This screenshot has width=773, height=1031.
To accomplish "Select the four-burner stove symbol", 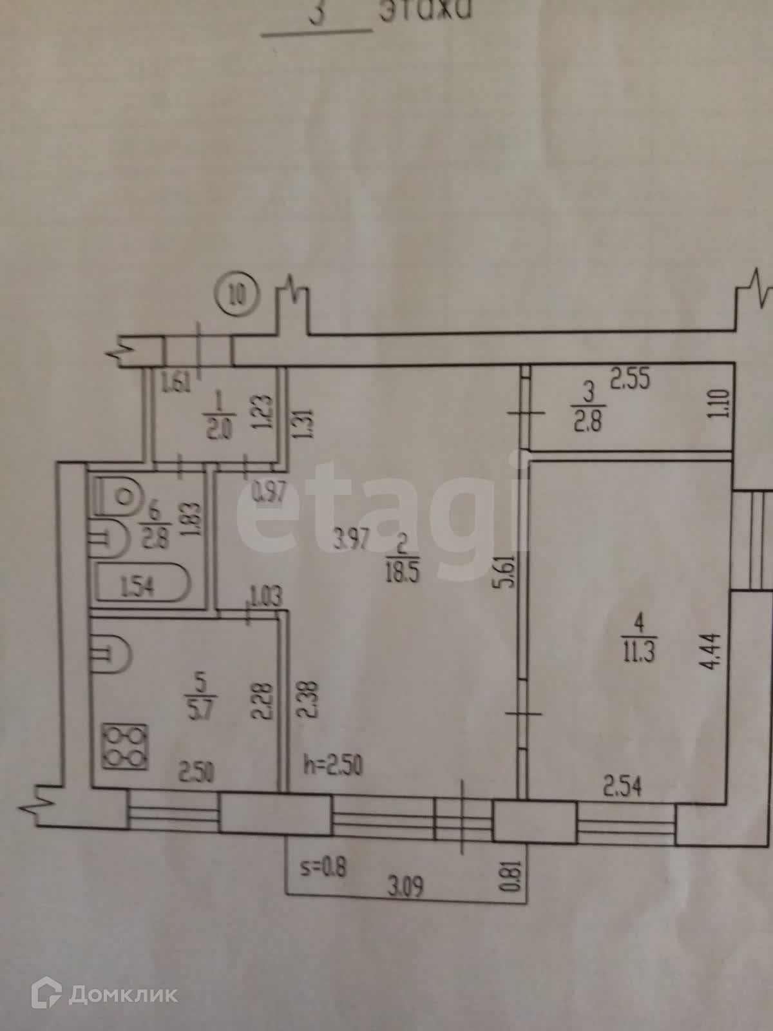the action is (125, 747).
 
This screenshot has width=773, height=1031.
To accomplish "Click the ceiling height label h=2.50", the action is (332, 766).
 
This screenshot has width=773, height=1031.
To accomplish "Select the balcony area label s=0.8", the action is (323, 867).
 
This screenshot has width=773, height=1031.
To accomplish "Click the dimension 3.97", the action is (350, 537).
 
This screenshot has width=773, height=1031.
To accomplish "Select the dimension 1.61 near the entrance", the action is (176, 385).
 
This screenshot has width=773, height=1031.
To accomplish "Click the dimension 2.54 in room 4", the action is (622, 787).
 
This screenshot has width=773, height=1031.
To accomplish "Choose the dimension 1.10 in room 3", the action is (721, 404).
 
